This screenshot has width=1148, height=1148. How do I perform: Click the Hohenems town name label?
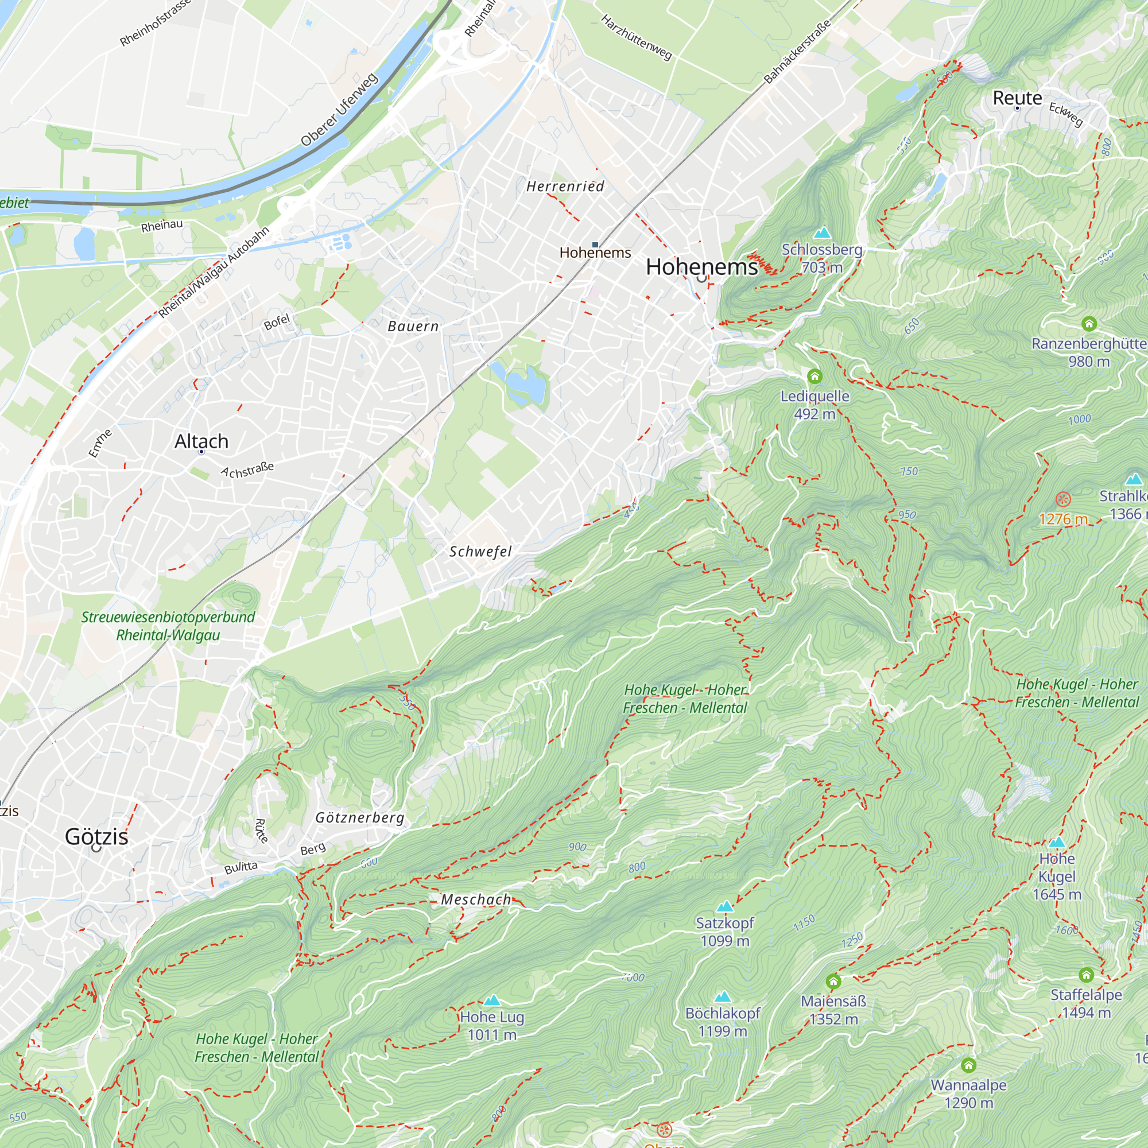[701, 267]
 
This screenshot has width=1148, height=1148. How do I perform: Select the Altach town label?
[201, 441]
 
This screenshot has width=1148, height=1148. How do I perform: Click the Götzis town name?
[96, 837]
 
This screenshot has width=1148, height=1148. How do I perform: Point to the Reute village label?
[1017, 98]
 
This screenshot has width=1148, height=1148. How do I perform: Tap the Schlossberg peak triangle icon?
[822, 232]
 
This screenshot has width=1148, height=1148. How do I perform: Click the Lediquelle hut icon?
[815, 376]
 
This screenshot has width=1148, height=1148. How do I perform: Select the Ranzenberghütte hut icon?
[1088, 324]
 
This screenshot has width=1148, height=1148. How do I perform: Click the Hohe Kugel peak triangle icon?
[1057, 842]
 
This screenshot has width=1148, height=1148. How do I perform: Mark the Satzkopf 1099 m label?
[724, 932]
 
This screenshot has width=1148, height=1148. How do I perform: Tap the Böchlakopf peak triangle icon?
[723, 996]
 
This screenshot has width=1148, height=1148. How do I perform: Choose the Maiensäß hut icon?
[833, 981]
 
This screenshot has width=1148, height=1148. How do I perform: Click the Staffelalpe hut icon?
[1086, 975]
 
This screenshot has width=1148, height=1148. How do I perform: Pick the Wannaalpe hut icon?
[968, 1065]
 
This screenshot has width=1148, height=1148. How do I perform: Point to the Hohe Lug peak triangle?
[492, 1000]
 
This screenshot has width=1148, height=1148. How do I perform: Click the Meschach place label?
[476, 899]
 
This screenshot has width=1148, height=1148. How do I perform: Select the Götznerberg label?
[359, 817]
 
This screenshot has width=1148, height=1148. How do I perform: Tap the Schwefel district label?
[480, 552]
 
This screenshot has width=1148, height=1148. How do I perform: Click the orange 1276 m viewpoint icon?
[1063, 499]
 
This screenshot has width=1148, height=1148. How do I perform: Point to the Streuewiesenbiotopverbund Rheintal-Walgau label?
[168, 626]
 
